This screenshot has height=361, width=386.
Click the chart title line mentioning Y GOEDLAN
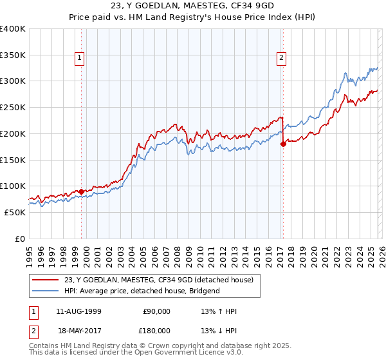click(193, 6)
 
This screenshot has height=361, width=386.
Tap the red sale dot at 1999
click(82, 191)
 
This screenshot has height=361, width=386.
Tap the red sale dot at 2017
click(283, 144)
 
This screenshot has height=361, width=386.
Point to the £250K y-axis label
click(13, 108)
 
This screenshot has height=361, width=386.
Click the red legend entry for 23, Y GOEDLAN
click(159, 280)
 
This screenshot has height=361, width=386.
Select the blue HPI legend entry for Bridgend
click(142, 291)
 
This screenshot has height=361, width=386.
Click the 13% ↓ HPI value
click(219, 330)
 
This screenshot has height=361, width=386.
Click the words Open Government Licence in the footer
click(176, 354)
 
